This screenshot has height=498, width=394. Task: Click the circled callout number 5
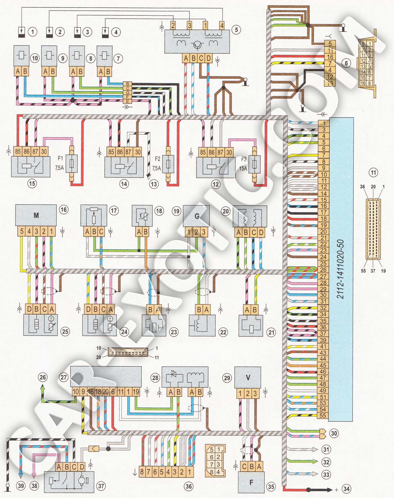click(x=236, y=30)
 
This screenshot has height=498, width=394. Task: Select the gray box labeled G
click(x=196, y=216)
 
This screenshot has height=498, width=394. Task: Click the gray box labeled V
click(x=248, y=377)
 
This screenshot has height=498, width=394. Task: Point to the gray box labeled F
click(x=251, y=482)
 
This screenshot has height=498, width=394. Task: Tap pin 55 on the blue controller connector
click(x=323, y=416)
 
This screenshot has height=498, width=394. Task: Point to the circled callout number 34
click(x=346, y=489)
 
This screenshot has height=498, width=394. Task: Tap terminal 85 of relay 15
click(x=18, y=152)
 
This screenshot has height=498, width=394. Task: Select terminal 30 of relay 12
click(x=229, y=152)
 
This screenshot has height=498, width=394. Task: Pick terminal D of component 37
click(x=82, y=466)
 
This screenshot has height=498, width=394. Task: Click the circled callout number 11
click(x=373, y=172)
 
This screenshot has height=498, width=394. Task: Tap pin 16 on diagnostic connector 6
click(x=330, y=57)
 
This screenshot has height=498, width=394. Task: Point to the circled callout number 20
click(x=226, y=211)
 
